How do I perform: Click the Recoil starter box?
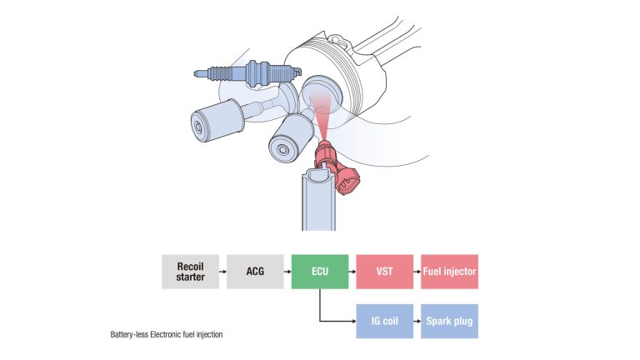(x=190, y=272)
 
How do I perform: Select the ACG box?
(x=255, y=272)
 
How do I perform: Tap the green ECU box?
(x=320, y=272)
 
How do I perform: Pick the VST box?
(x=384, y=272)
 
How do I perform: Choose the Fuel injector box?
(x=449, y=272)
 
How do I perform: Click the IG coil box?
(x=384, y=320)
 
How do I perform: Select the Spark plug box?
(x=449, y=320)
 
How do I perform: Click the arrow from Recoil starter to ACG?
(x=222, y=272)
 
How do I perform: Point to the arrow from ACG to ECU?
(x=287, y=272)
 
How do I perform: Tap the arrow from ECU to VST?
(x=352, y=272)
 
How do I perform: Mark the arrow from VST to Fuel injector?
(x=417, y=272)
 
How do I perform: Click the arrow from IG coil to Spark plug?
(x=417, y=320)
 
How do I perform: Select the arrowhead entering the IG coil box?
(x=352, y=320)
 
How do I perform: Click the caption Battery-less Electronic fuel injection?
(x=167, y=335)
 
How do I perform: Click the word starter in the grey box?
(x=190, y=277)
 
